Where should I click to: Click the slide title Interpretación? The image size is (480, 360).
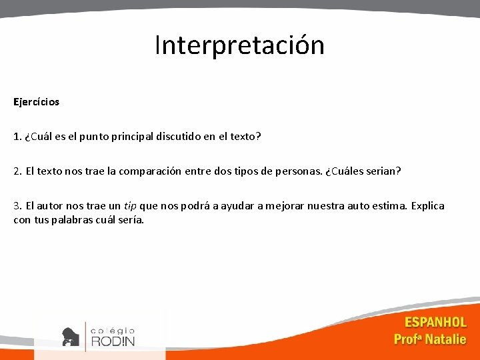pyautogui.click(x=239, y=45)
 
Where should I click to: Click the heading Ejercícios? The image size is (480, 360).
pyautogui.click(x=36, y=102)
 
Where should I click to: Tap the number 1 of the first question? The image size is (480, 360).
pyautogui.click(x=16, y=137)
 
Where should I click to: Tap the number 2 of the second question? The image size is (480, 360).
pyautogui.click(x=17, y=171)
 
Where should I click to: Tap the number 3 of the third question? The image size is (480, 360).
pyautogui.click(x=17, y=205)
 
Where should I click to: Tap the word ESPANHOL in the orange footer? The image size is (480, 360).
pyautogui.click(x=435, y=323)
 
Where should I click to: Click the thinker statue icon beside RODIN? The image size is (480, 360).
pyautogui.click(x=70, y=336)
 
